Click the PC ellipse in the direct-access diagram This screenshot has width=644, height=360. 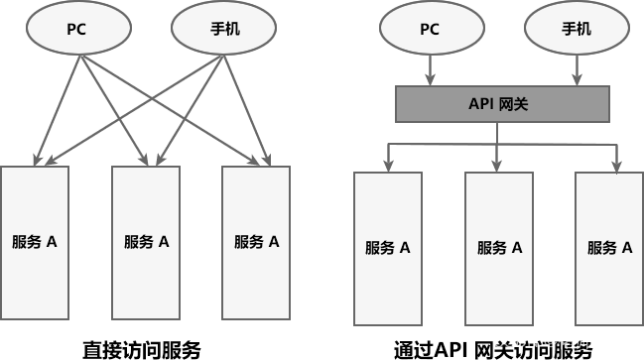76,29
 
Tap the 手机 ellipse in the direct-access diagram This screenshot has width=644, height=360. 215,29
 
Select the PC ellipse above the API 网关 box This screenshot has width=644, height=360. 429,29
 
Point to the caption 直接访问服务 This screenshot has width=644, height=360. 141,349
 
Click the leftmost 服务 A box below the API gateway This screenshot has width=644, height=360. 388,247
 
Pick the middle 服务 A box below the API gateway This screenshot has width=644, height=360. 498,247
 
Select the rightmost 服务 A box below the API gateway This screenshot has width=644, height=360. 609,247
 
